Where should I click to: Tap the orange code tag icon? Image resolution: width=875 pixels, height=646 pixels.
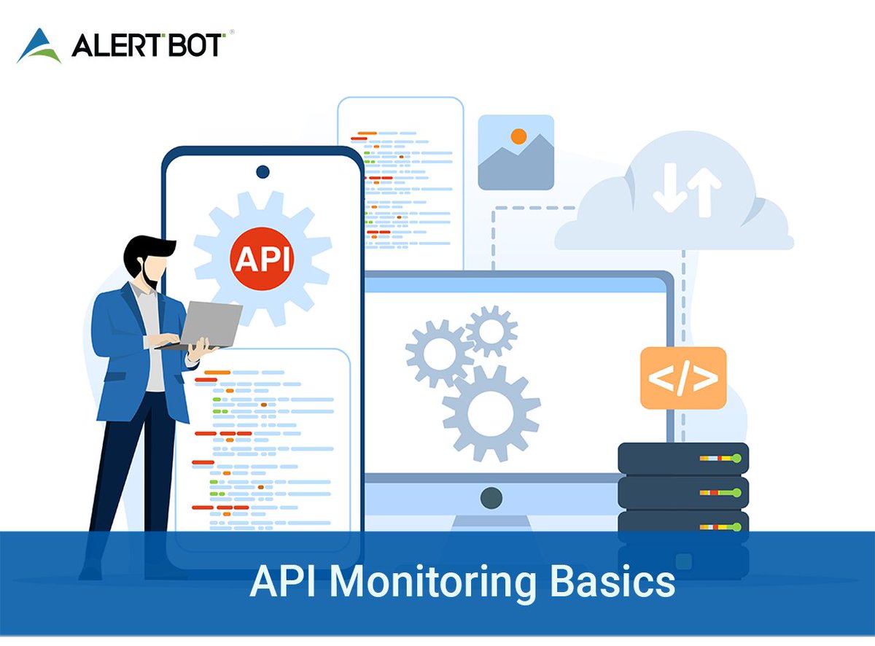click(683, 378)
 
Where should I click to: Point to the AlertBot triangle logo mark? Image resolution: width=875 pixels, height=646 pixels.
click(39, 45)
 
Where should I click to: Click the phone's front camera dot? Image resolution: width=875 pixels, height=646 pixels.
click(262, 172)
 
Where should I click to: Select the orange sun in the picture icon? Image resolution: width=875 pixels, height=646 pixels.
click(518, 136)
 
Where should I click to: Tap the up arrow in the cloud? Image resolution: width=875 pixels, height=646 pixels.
click(704, 190)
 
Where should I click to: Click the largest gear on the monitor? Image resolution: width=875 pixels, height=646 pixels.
click(491, 413)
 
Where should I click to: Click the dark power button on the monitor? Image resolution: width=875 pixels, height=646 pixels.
click(491, 498)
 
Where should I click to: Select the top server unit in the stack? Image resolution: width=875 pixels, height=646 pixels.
click(683, 458)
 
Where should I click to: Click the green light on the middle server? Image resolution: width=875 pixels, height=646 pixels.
click(736, 493)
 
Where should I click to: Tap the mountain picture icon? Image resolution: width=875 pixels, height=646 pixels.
click(516, 152)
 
